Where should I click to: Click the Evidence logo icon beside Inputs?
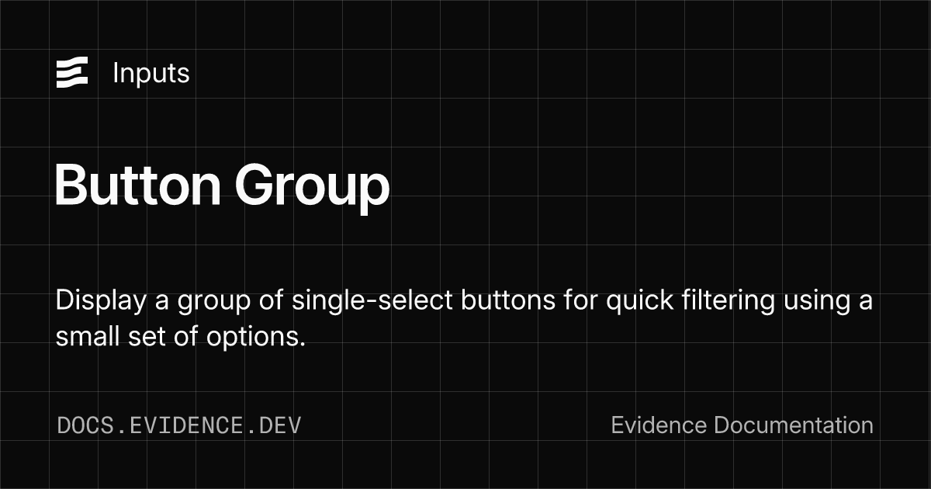tap(72, 73)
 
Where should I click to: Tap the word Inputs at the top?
tap(151, 73)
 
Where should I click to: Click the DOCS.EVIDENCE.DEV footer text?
tap(179, 425)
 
